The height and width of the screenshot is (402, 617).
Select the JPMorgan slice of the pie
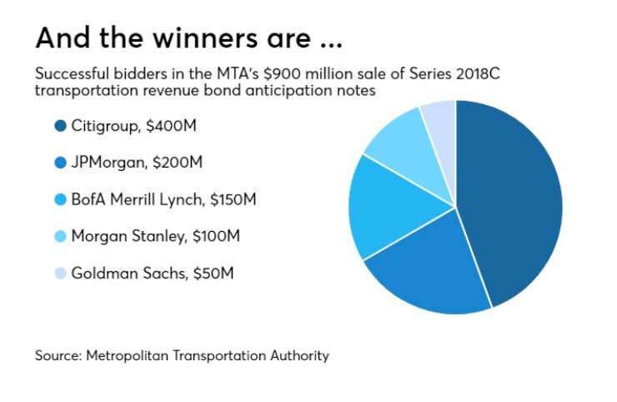[x=429, y=267]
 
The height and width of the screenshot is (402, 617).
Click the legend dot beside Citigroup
[x=60, y=127]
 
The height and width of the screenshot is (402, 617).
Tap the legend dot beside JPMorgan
[x=60, y=163]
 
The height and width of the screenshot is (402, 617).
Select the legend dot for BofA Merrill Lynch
[x=60, y=200]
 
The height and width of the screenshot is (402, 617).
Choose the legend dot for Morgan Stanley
[x=60, y=236]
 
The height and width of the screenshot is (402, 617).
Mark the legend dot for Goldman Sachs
[x=60, y=273]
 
